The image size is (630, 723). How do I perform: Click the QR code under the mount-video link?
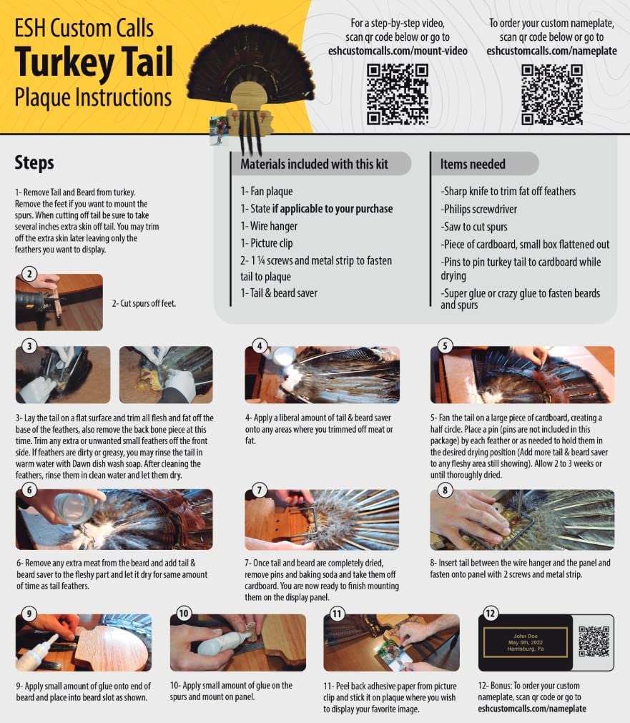tap(398, 94)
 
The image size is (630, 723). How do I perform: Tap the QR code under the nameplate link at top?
tap(552, 94)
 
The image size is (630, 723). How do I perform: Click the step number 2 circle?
tap(29, 274)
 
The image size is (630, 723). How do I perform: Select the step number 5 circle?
tap(445, 346)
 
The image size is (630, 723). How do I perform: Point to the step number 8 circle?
tap(445, 490)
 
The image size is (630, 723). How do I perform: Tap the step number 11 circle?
tap(337, 614)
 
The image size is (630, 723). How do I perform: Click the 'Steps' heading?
tap(34, 163)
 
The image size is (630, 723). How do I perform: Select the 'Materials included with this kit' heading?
tap(314, 164)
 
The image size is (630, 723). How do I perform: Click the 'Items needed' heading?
tap(473, 164)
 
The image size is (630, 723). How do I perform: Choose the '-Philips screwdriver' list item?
tap(478, 210)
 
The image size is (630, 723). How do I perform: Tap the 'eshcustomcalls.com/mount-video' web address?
tap(398, 51)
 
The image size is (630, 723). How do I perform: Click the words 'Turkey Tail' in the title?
tap(94, 62)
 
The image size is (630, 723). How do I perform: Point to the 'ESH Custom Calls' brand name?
tap(84, 28)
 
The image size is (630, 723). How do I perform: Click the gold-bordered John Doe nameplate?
tap(526, 642)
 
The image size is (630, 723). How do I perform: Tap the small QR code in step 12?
tap(594, 641)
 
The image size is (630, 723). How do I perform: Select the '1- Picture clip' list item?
tap(267, 243)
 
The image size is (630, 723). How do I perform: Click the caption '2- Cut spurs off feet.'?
tap(144, 303)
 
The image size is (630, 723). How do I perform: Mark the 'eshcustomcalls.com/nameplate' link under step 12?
tap(532, 709)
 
